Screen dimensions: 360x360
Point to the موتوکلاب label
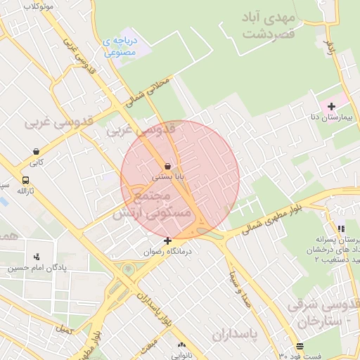coord(39,6)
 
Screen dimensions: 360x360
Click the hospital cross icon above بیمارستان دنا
coord(331,105)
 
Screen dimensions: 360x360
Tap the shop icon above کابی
coord(36,151)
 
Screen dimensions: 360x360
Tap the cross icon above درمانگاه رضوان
coord(167,240)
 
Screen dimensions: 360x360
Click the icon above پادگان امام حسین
coord(37,257)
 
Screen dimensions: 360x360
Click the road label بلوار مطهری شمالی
coord(279,214)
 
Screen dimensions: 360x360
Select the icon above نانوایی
coord(182,345)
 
